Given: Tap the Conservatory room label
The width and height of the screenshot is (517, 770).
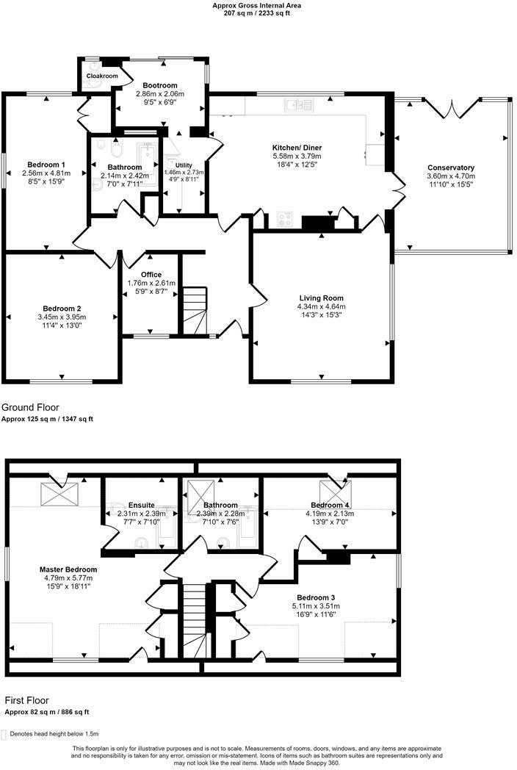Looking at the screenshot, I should (451, 168).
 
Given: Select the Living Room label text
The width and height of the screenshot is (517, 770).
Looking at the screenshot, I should (320, 298).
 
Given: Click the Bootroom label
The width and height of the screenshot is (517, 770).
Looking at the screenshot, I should (159, 85).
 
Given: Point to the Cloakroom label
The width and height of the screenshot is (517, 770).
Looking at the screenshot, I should (102, 76).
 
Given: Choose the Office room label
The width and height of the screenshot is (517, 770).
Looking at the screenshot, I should (151, 275).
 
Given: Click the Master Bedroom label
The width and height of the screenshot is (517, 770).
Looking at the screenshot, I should (68, 569).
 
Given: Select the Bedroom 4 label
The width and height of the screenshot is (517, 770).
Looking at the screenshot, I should (330, 505).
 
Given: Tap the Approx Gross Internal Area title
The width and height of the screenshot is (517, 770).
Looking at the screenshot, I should (257, 5).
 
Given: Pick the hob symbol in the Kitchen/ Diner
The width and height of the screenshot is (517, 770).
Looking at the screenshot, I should (285, 220).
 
